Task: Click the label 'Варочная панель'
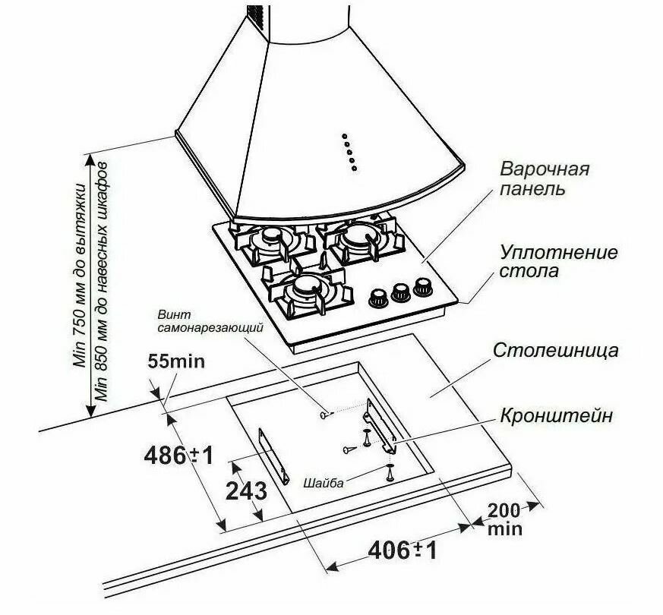(544, 178)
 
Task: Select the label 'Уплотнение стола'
(558, 261)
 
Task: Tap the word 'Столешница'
(555, 351)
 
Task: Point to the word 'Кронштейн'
(556, 416)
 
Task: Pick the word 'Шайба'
(323, 483)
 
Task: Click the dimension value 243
(246, 490)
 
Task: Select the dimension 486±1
(178, 455)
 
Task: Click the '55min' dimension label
(176, 361)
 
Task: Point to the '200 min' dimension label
(505, 519)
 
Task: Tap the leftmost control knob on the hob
(377, 296)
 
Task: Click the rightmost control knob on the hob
(421, 286)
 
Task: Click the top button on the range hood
(344, 137)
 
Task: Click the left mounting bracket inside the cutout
(274, 457)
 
